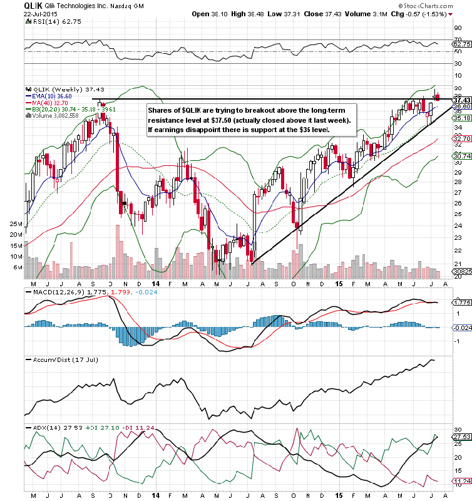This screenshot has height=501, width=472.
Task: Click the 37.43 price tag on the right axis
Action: pyautogui.click(x=462, y=100)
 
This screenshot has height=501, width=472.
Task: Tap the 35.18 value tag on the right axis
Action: pyautogui.click(x=462, y=118)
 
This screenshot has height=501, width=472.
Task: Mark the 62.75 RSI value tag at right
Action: pyautogui.click(x=462, y=44)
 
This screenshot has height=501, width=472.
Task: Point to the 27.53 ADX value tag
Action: pyautogui.click(x=462, y=436)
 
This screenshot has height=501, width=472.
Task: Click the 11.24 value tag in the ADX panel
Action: pyautogui.click(x=462, y=481)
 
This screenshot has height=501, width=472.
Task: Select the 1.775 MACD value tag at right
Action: pyautogui.click(x=462, y=302)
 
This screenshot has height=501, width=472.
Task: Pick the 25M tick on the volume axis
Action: pyautogui.click(x=17, y=224)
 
